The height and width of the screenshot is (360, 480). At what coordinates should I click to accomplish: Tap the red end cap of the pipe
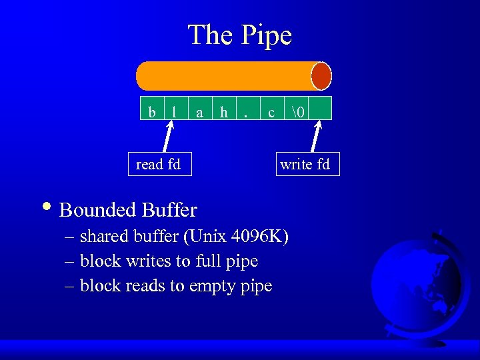coord(321,76)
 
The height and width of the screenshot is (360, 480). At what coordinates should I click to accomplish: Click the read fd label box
coord(159,164)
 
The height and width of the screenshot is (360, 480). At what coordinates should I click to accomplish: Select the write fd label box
coord(305,164)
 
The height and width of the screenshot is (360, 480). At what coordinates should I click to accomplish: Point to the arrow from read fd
coord(167,137)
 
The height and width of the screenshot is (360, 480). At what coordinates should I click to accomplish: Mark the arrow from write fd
coord(315,137)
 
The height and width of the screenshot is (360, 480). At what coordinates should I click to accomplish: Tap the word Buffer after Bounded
coord(169,211)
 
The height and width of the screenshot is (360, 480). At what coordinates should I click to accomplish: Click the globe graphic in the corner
coord(417,280)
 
